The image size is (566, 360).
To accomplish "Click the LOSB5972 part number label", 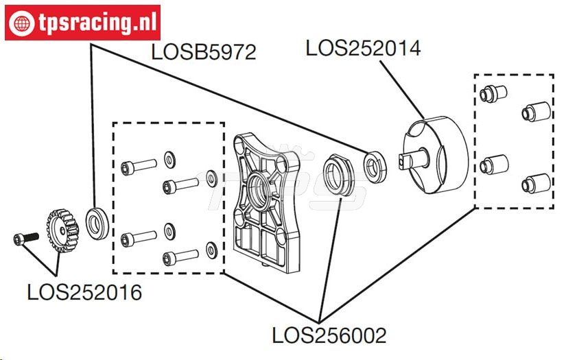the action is tap(203, 52).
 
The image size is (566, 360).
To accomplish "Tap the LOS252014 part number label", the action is tap(363, 48).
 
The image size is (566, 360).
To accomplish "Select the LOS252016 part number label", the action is tap(84, 292).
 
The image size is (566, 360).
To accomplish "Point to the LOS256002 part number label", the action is tap(329, 335).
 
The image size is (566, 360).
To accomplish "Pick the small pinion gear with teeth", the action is tap(62, 230).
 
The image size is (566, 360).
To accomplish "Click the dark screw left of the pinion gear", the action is tap(25, 239).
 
